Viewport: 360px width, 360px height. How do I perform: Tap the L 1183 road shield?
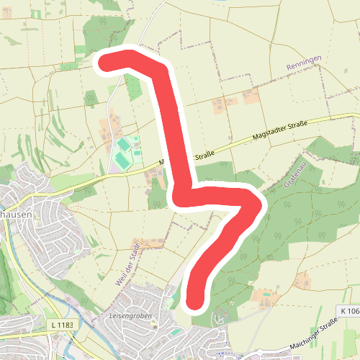[x=62, y=326]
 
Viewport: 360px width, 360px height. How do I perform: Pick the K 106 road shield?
[x=348, y=311]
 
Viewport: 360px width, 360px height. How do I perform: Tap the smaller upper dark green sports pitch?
[x=124, y=145]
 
